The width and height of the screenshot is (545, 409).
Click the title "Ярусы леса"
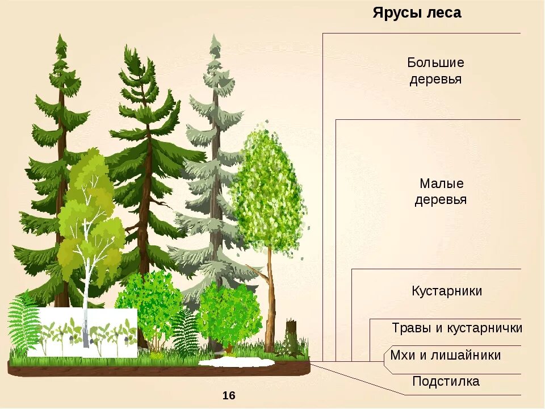(417, 13)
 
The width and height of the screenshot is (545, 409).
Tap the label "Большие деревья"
(435, 70)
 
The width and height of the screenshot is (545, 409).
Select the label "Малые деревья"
(441, 191)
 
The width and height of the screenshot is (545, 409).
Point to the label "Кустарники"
(447, 291)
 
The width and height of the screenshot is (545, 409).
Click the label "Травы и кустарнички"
(456, 328)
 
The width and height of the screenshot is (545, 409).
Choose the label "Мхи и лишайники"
(446, 356)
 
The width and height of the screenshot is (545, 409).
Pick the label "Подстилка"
(446, 382)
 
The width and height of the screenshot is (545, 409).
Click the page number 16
(229, 395)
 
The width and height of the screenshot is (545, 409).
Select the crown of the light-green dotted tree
(268, 187)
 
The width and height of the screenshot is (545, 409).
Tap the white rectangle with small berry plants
(82, 332)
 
